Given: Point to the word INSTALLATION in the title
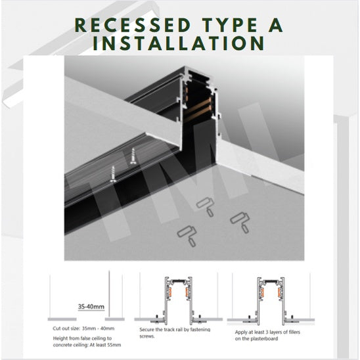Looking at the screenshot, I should coord(180,44).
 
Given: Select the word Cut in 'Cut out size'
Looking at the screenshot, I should coord(57,327).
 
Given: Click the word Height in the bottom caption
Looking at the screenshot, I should coord(61,337).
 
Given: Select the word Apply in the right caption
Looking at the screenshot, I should coord(242,332).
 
